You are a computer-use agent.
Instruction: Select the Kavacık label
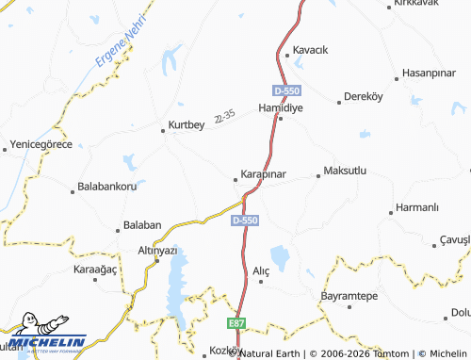(310, 50)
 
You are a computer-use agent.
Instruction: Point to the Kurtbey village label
(186, 124)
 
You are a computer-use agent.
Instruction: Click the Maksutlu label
(344, 172)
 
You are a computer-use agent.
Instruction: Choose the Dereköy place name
(365, 96)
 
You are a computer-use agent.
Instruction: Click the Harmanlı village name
(418, 206)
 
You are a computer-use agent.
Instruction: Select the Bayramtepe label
(349, 296)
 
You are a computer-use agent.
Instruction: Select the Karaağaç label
(94, 270)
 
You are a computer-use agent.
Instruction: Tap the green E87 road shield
(237, 322)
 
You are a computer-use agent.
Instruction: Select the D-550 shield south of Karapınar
(244, 220)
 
